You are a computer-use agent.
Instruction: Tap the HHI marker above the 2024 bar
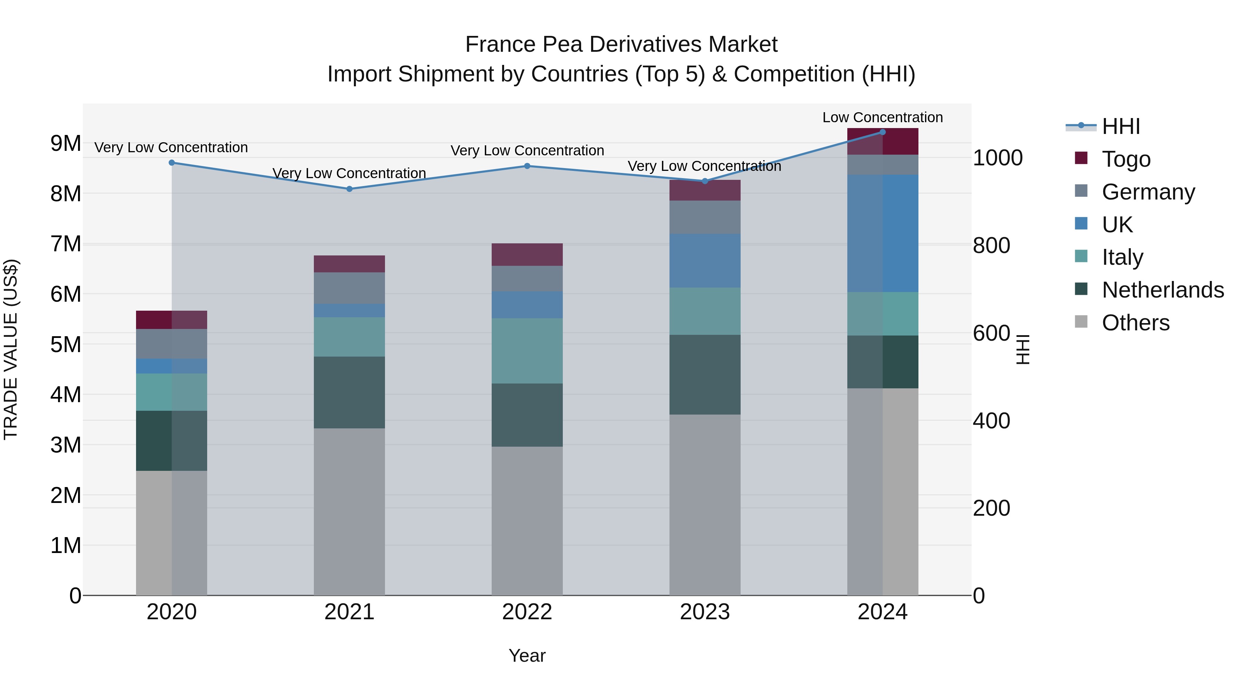click(883, 132)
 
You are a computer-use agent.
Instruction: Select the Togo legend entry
click(1126, 159)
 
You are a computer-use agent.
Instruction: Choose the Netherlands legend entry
click(1163, 290)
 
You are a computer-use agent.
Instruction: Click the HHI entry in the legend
click(1120, 126)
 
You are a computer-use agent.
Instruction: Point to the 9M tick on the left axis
click(66, 143)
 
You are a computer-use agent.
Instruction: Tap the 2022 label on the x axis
click(527, 612)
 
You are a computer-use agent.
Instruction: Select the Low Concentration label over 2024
click(883, 117)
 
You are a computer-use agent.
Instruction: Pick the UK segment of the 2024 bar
click(883, 233)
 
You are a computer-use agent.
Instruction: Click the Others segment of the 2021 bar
click(349, 511)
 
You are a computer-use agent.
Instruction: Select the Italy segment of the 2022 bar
click(527, 350)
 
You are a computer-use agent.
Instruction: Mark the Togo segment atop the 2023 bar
click(704, 190)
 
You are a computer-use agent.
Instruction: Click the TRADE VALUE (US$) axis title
click(11, 349)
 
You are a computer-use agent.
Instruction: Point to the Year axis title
click(527, 656)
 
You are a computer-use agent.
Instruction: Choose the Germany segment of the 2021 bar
click(349, 288)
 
